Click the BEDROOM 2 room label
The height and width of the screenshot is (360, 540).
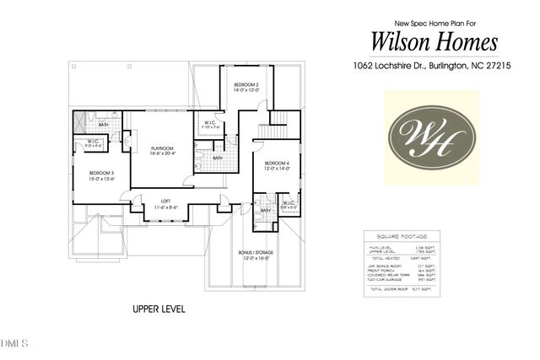click(246, 86)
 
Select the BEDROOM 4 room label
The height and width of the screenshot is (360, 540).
click(277, 163)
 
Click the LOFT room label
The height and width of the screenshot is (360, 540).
click(166, 200)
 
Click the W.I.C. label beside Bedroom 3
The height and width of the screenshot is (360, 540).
click(94, 141)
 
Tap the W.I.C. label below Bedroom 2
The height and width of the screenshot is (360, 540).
click(210, 122)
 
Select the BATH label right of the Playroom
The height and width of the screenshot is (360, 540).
click(218, 158)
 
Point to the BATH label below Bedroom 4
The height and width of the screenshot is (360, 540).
click(265, 210)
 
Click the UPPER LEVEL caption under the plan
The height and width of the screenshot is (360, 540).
click(159, 309)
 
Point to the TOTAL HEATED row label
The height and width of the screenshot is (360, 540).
click(381, 260)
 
